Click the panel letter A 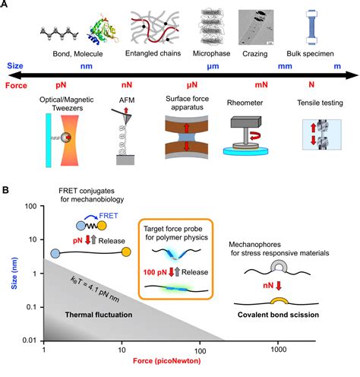tap(8, 6)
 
